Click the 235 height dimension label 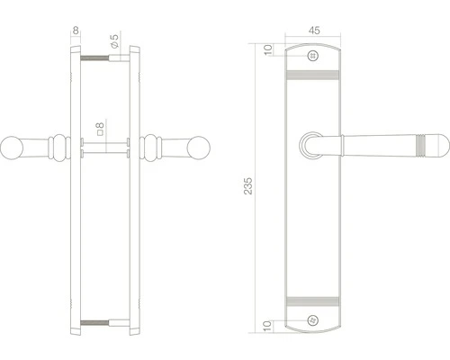click(x=248, y=186)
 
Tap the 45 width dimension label click(x=314, y=31)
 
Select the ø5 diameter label click(x=114, y=41)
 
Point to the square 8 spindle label click(x=101, y=129)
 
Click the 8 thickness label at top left click(x=76, y=31)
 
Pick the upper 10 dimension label click(x=268, y=49)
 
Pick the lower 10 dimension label click(x=268, y=326)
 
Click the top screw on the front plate click(x=312, y=56)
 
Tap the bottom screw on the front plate click(x=312, y=320)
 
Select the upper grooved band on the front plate click(x=312, y=75)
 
